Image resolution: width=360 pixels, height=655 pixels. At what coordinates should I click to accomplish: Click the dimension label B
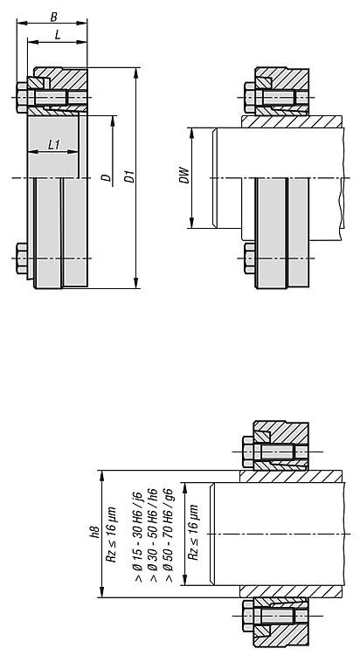[53, 17]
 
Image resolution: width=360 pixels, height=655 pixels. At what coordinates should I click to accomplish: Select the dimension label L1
[54, 144]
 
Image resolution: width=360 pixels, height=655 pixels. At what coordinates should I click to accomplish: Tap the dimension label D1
[130, 176]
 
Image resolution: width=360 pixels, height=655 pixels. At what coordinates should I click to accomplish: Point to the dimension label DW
[185, 176]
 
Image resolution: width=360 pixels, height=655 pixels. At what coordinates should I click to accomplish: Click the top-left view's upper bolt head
[23, 97]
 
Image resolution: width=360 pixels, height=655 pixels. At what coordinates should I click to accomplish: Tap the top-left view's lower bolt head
[23, 259]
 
